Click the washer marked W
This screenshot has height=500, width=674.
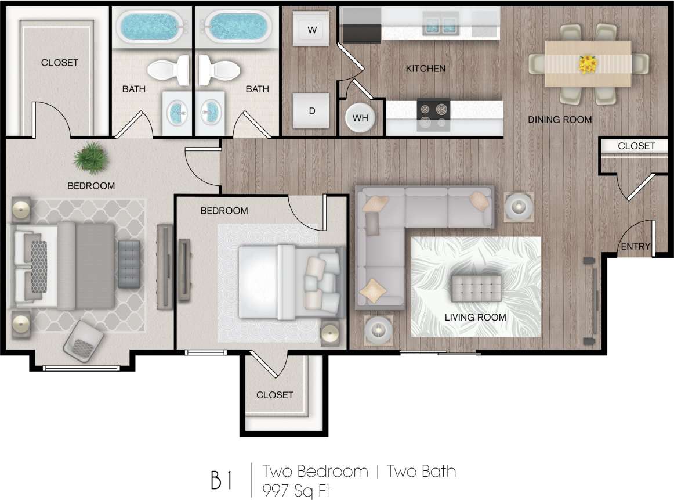pyautogui.click(x=312, y=30)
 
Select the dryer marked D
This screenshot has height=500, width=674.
pyautogui.click(x=311, y=110)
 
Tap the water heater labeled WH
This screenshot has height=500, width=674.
pyautogui.click(x=361, y=118)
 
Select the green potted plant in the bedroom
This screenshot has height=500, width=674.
pyautogui.click(x=91, y=159)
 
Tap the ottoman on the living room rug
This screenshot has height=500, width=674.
pyautogui.click(x=476, y=289)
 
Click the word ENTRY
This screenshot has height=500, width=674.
pyautogui.click(x=636, y=246)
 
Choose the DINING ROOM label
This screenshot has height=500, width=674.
pyautogui.click(x=560, y=120)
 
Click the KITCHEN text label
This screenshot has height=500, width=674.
pyautogui.click(x=426, y=69)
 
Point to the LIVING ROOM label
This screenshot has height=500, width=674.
pyautogui.click(x=475, y=317)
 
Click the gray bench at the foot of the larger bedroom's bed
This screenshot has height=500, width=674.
pyautogui.click(x=129, y=264)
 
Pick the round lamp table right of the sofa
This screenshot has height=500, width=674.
pyautogui.click(x=516, y=206)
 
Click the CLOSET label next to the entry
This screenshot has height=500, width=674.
pyautogui.click(x=636, y=146)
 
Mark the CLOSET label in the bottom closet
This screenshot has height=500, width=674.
pyautogui.click(x=274, y=395)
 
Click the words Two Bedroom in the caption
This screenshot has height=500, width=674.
pyautogui.click(x=315, y=471)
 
